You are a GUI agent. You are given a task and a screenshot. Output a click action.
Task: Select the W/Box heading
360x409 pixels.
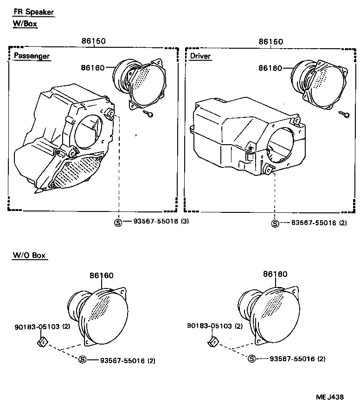pos(25,24)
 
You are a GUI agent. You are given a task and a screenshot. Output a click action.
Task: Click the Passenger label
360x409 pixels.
pos(32,56)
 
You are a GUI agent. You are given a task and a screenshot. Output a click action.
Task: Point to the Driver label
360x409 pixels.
pos(200,56)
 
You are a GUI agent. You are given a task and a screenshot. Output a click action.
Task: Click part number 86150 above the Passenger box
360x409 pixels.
pos(94,41)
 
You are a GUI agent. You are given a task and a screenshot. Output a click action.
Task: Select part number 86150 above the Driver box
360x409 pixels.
pos(270,41)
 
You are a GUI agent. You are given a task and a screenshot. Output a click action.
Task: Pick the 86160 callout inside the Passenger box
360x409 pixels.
pos(93,68)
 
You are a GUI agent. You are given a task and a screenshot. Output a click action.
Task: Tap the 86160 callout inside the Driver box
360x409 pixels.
pos(270,68)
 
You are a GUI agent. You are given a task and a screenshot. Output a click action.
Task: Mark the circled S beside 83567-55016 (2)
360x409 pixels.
pos(275,223)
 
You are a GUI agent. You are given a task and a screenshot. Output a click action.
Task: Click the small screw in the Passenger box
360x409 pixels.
pos(148,113)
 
